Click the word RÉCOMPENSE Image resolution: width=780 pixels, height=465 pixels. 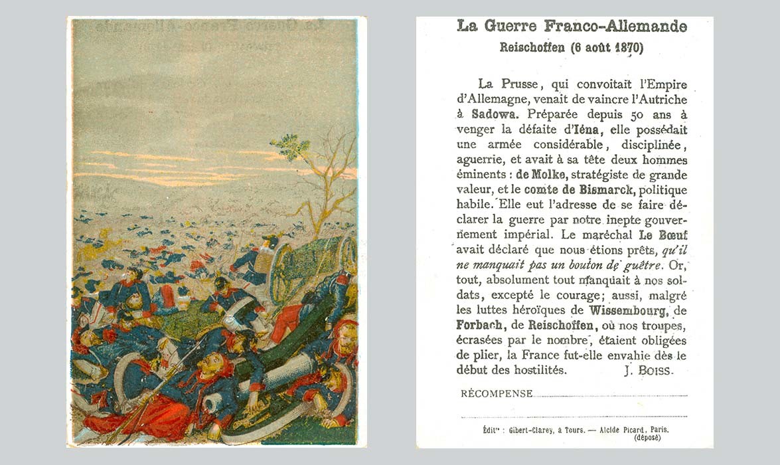tap(497, 394)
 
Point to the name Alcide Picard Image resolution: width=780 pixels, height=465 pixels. tap(617, 430)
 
